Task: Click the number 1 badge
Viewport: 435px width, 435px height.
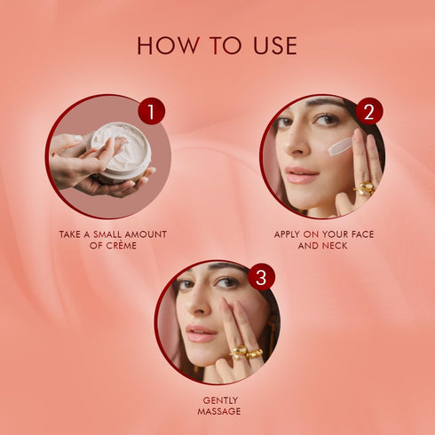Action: (x=152, y=112)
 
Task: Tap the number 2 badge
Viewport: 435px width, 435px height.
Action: (x=368, y=112)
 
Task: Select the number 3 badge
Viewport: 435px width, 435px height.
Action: (x=260, y=277)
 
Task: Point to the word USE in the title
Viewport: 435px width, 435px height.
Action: (x=271, y=45)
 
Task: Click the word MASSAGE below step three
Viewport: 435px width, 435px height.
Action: (x=217, y=411)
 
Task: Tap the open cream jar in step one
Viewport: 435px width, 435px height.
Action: (x=123, y=151)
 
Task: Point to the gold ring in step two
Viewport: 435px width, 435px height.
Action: (x=365, y=187)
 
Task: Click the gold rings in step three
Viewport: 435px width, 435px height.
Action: (x=245, y=352)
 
